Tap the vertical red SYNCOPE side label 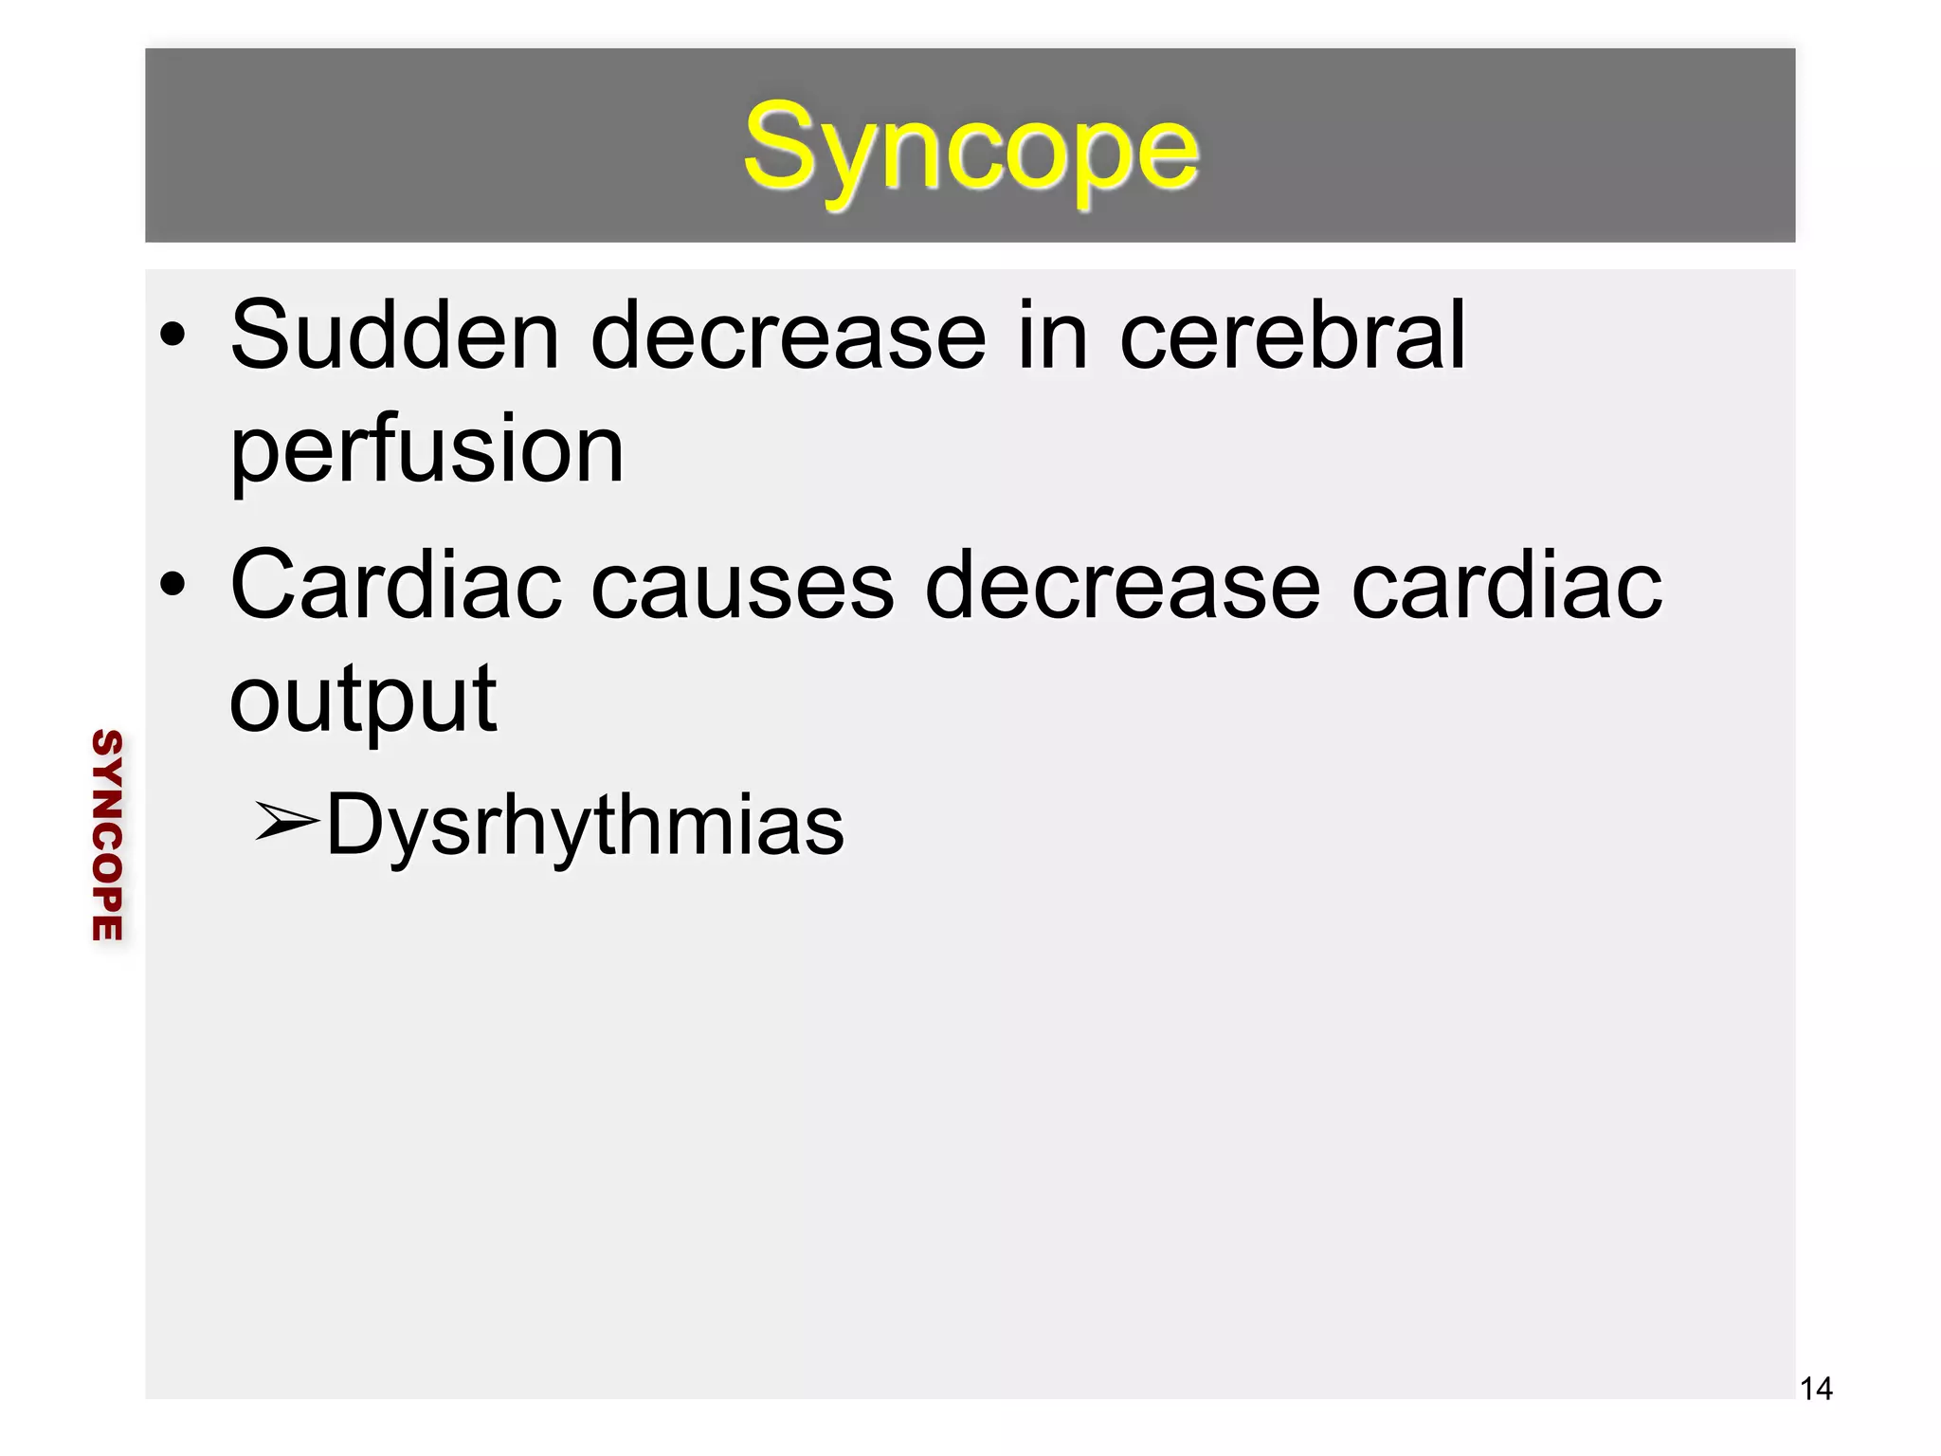click(107, 835)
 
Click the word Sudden click(395, 336)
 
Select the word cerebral click(1293, 336)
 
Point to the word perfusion click(427, 451)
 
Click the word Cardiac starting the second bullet click(395, 586)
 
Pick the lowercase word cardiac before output click(1506, 586)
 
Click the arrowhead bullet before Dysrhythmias click(286, 821)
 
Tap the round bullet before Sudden click(172, 336)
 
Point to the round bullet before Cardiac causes click(172, 586)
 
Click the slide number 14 click(1816, 1390)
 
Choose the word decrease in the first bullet click(789, 336)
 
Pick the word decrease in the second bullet click(1122, 586)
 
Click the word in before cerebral click(1053, 336)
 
